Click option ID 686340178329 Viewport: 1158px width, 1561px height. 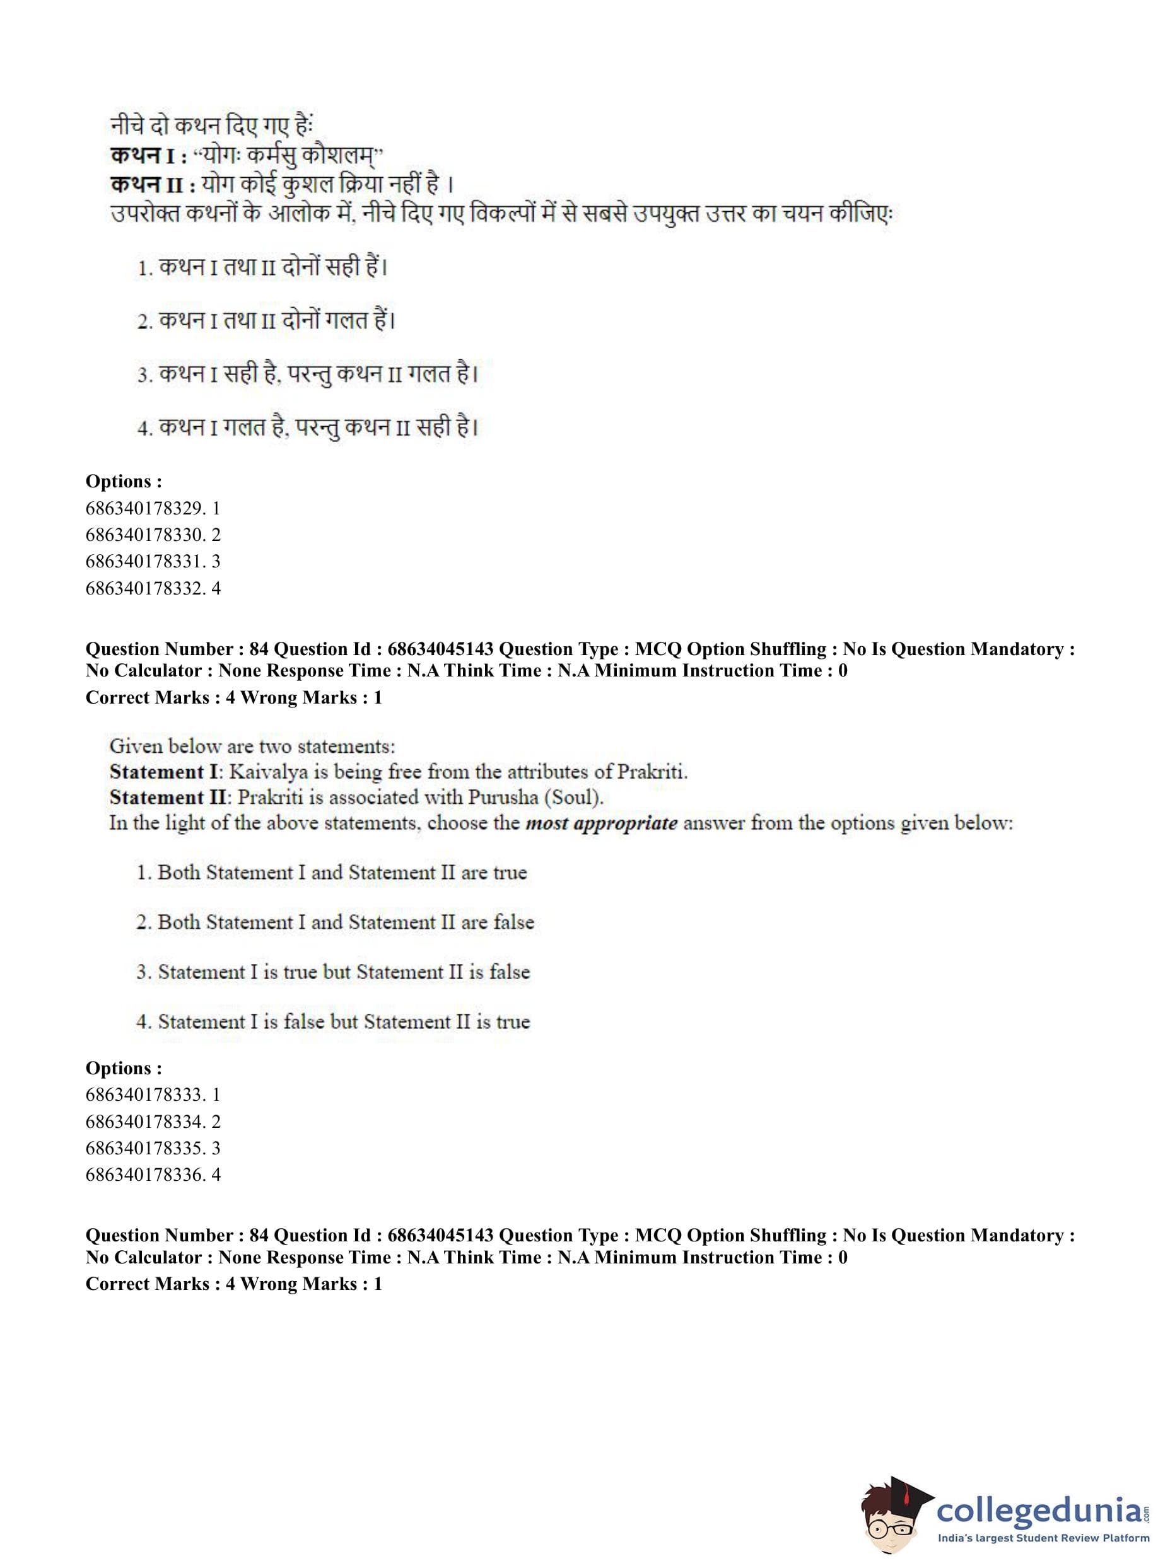pos(152,508)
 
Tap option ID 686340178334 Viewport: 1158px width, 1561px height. pos(152,1121)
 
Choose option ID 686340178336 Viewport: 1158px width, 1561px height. pos(152,1175)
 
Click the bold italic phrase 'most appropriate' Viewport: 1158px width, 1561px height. pos(600,823)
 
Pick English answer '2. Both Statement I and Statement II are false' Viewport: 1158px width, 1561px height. pos(335,922)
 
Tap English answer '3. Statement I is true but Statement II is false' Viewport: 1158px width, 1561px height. pos(333,972)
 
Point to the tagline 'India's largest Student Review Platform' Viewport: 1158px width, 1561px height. pos(1043,1538)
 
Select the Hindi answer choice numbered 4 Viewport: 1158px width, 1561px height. pos(308,427)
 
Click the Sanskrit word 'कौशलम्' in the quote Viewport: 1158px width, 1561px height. pos(340,156)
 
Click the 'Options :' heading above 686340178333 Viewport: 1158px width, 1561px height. pos(124,1068)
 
